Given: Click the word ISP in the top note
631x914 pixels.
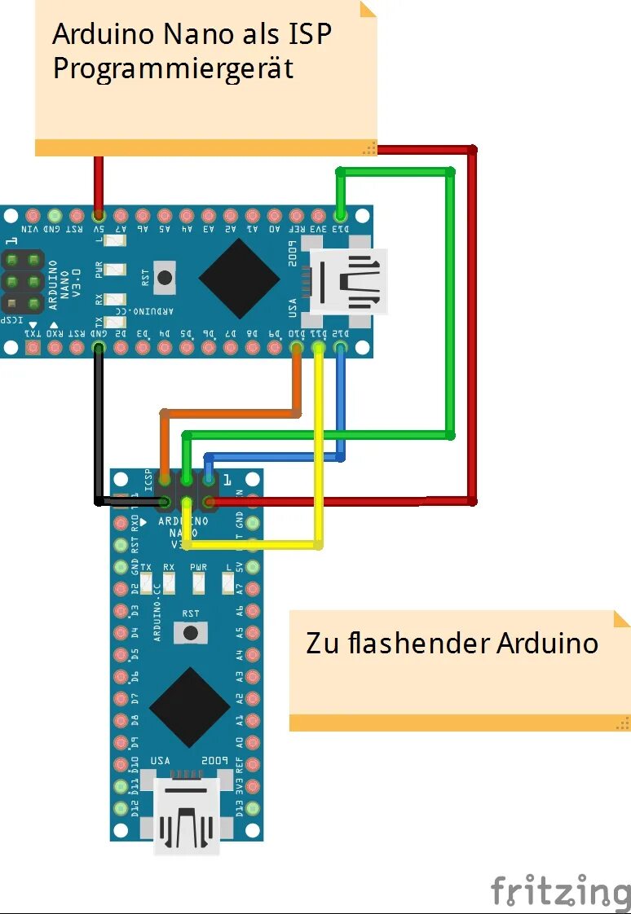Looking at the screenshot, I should (311, 35).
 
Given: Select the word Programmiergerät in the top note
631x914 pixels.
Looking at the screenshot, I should (173, 68).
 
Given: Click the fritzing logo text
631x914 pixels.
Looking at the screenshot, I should (560, 890).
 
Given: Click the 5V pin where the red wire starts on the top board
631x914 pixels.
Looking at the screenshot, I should (99, 216).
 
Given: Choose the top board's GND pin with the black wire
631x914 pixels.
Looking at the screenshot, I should (99, 349).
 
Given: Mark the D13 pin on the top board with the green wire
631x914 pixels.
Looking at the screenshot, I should (340, 216).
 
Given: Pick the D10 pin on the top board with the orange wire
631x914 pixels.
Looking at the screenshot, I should (297, 349).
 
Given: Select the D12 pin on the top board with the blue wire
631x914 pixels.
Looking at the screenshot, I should (340, 349).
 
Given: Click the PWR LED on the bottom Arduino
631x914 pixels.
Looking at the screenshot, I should (198, 582).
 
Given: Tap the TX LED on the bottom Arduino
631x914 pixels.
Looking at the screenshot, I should (147, 582).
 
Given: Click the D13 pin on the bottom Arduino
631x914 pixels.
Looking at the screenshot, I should (253, 809).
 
